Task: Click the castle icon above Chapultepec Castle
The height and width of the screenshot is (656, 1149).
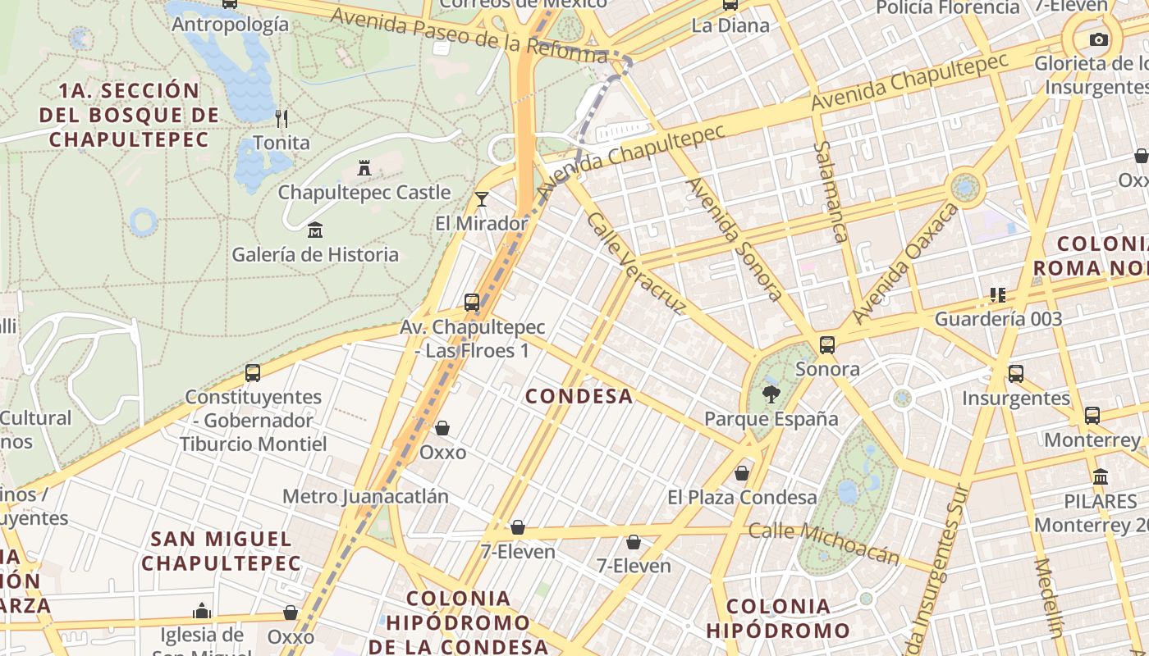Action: tap(364, 168)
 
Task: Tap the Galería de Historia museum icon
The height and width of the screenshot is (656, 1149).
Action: tap(314, 230)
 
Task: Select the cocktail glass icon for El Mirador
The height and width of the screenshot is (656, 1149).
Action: tap(482, 198)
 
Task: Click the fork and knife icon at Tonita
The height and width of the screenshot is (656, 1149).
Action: tap(282, 118)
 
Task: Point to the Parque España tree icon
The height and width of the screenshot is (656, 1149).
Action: tap(771, 394)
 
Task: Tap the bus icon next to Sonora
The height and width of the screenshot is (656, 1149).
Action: tap(827, 344)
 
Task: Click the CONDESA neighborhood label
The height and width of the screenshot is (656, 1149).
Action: tap(579, 396)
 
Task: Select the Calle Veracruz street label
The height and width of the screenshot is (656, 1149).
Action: tap(636, 263)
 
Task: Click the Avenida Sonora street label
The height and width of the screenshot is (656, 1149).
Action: tap(735, 239)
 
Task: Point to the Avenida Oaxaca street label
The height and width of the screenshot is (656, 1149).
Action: tap(905, 263)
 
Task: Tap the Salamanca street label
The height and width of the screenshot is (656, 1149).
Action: tap(830, 192)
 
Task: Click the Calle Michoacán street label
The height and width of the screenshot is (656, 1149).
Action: tap(824, 542)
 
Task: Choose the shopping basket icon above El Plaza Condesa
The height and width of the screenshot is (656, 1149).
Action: tap(742, 473)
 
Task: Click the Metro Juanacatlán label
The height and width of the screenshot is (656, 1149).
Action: tap(365, 496)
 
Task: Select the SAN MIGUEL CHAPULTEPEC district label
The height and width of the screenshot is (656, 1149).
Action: tap(222, 551)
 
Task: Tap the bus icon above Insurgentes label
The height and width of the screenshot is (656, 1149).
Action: tap(1016, 374)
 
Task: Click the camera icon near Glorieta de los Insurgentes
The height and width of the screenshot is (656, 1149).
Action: tap(1098, 39)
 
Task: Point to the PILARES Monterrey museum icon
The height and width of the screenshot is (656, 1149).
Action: tap(1101, 476)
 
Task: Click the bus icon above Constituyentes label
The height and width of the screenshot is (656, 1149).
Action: tap(253, 373)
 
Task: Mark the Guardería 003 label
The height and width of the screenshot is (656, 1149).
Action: tap(998, 319)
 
